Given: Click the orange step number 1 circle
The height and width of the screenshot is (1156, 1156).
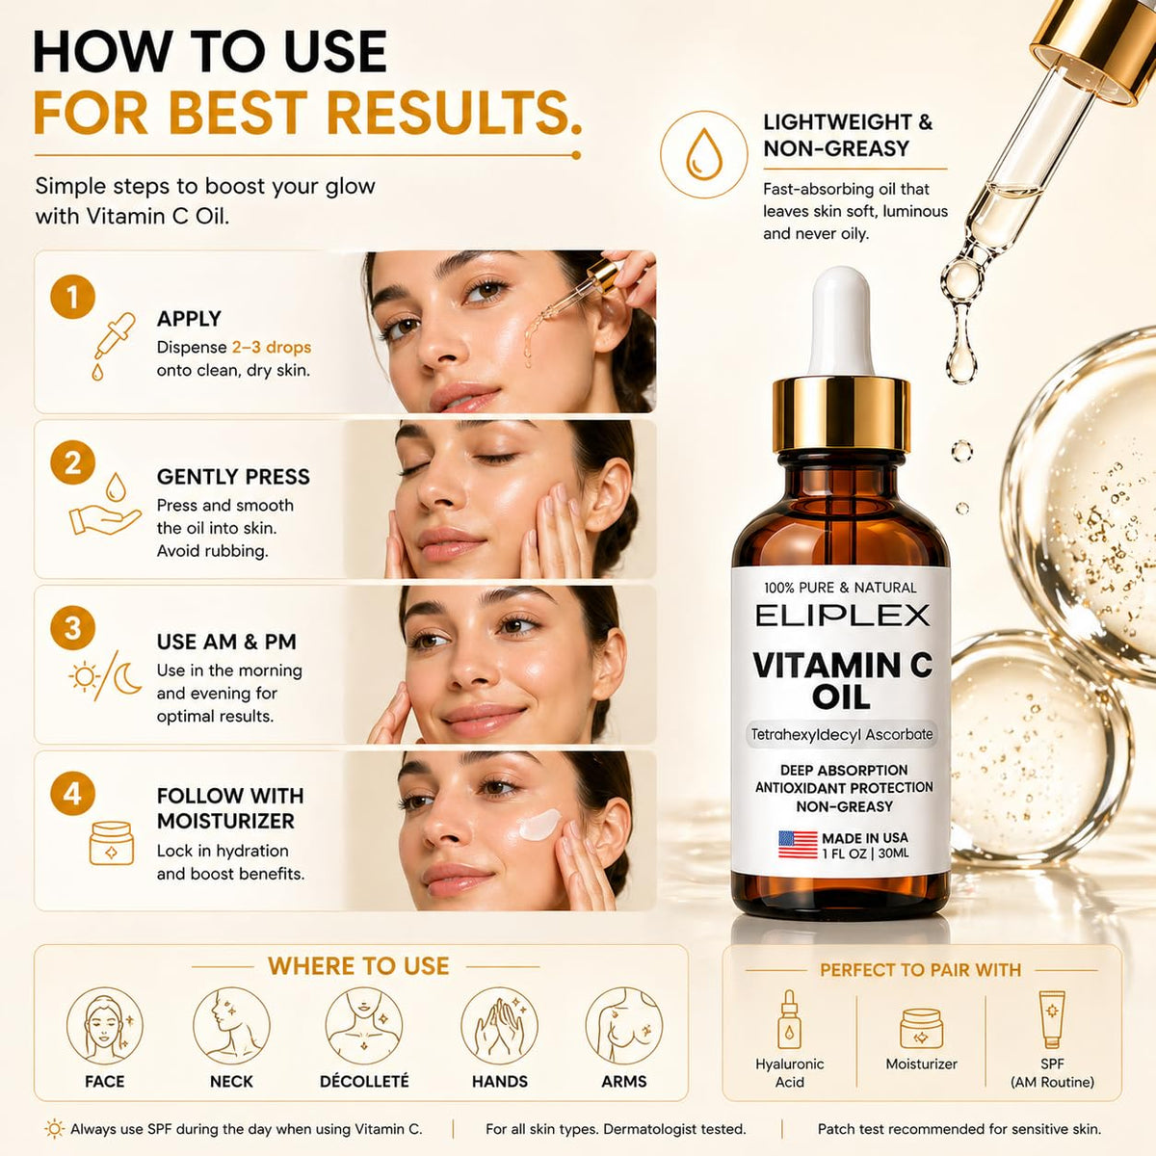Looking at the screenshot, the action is point(72,297).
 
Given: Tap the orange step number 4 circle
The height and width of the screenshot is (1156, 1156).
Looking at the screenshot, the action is point(72,793).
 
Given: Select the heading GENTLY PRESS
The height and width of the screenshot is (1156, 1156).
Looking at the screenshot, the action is point(233,477).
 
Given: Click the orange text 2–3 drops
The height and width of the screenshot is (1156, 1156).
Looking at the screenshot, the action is point(271,348).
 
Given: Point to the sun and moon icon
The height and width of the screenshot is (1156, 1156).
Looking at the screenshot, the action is point(106,676).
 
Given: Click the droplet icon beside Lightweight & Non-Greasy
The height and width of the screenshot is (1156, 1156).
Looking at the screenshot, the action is point(704,154).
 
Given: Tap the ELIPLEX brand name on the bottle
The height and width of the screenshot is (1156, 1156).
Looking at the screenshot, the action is point(842,616).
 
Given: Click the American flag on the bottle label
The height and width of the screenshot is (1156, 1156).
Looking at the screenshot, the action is point(798,845).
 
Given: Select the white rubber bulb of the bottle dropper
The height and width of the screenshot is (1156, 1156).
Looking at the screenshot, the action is point(840,322).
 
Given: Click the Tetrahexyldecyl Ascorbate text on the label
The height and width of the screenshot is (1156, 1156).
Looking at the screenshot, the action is point(842,734).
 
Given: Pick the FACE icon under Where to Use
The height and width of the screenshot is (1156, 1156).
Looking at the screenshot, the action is point(105,1026).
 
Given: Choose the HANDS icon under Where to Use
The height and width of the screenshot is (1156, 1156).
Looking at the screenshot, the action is point(499,1026).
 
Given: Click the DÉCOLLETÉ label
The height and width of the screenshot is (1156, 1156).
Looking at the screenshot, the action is point(364,1082).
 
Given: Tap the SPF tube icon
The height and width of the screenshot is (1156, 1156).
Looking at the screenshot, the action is point(1052,1019).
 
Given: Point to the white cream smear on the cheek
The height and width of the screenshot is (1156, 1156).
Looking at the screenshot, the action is point(540,825).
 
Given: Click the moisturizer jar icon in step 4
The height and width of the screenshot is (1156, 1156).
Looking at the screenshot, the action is point(111,843).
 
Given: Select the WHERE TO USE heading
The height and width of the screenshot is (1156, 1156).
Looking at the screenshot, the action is point(358,966).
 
